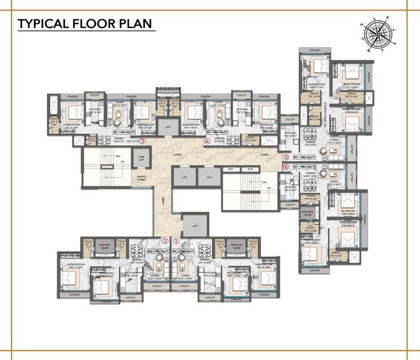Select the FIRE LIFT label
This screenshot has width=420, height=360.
coord(142,158)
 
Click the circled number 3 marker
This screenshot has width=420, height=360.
coord(143,141)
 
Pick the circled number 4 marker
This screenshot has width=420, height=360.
coord(207,141)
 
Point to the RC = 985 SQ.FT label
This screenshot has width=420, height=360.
coord(304,158)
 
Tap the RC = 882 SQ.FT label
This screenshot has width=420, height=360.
coord(304,167)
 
